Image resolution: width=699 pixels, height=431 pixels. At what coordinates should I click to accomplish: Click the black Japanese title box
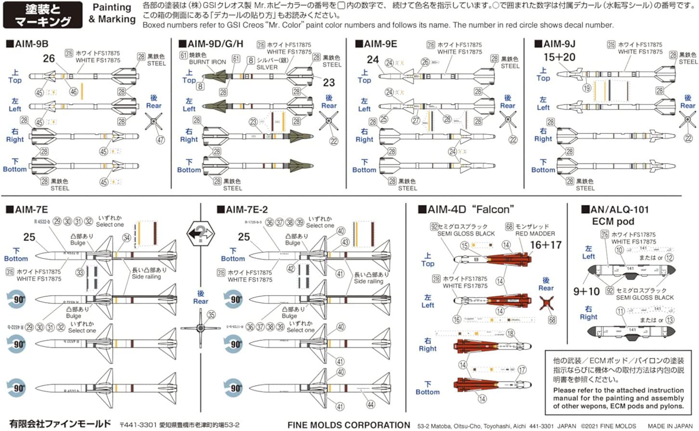[42, 15]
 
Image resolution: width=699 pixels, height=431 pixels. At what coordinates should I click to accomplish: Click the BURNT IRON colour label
[207, 62]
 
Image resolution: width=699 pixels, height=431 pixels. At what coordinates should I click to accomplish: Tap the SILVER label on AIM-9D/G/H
[267, 67]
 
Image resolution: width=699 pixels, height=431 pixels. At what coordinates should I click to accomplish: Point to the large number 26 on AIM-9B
[49, 58]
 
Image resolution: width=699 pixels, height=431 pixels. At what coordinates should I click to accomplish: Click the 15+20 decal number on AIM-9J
[559, 57]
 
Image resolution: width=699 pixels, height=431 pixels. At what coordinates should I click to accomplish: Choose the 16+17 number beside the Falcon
[546, 245]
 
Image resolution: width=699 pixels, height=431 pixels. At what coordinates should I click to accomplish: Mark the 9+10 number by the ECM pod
[586, 292]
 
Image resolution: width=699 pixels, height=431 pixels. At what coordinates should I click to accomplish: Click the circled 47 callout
[160, 140]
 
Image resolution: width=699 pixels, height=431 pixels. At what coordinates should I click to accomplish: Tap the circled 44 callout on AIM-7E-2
[370, 405]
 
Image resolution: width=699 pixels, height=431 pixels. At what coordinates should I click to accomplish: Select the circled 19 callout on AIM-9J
[587, 88]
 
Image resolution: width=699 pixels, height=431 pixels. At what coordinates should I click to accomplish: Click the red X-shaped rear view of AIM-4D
[546, 303]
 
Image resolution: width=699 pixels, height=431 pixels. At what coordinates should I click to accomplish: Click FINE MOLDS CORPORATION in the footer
[349, 425]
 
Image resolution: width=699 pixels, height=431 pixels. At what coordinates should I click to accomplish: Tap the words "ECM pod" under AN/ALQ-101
[613, 222]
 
